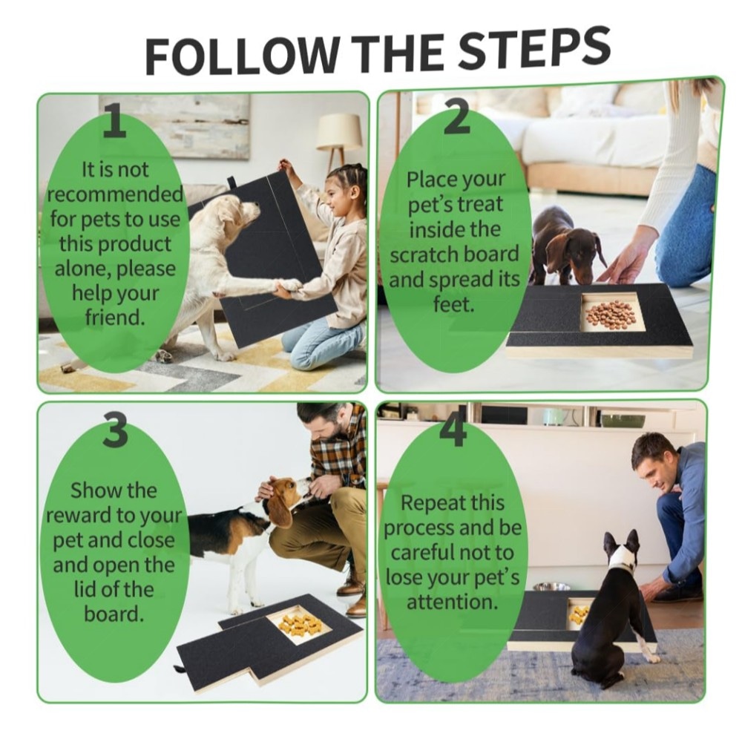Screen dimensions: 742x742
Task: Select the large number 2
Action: click(x=456, y=117)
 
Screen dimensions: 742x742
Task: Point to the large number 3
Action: click(x=116, y=430)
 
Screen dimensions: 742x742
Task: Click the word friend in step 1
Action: click(x=114, y=317)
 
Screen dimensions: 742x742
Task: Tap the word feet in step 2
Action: click(x=453, y=304)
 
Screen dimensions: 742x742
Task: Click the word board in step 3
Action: click(x=114, y=614)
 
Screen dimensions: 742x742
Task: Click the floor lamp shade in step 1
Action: click(x=339, y=132)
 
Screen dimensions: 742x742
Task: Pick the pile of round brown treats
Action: click(x=611, y=312)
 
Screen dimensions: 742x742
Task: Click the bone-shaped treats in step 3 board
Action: click(x=299, y=623)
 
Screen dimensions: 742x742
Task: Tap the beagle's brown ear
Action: click(x=279, y=510)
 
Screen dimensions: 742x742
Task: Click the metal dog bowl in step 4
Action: click(x=551, y=587)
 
